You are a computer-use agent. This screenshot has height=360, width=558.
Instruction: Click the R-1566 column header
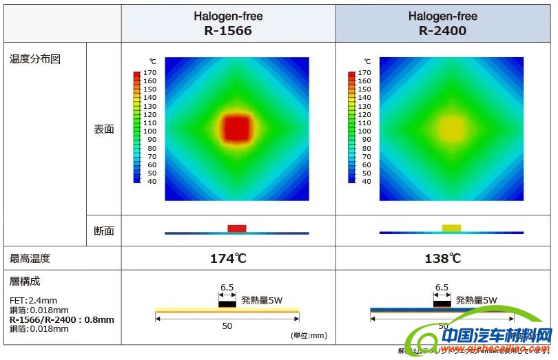point(228,23)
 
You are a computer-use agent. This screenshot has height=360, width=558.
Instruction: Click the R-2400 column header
point(442,23)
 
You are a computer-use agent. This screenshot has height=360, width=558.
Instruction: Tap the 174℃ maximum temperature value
point(228,259)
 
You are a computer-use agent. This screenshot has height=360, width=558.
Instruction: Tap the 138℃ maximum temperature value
point(442,259)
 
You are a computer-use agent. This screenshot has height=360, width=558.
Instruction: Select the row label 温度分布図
point(35,59)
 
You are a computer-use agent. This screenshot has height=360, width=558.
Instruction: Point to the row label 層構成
point(25,282)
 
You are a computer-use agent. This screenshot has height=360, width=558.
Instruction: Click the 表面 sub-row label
point(103,129)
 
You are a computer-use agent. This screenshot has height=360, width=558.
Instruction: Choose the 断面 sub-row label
point(103,231)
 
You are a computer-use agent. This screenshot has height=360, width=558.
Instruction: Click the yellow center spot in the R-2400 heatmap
point(452,129)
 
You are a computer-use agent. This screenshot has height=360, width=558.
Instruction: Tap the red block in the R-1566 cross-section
point(236,229)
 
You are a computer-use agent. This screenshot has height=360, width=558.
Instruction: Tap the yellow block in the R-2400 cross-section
point(451,228)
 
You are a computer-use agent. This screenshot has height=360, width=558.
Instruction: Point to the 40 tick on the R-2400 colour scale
point(366,182)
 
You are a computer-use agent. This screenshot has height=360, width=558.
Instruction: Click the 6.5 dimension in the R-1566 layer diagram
point(227,288)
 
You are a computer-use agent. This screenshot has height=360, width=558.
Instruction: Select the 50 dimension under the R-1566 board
point(227,326)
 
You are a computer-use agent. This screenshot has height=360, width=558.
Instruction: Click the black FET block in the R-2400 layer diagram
point(442,303)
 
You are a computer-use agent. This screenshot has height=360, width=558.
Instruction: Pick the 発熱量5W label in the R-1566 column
point(261,300)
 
